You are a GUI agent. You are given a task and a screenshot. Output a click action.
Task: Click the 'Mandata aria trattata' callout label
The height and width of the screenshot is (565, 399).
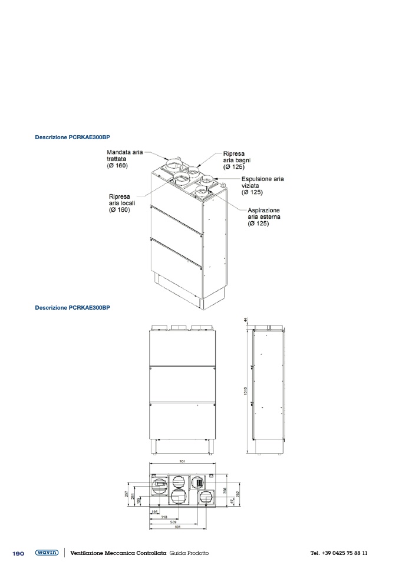pyautogui.click(x=124, y=159)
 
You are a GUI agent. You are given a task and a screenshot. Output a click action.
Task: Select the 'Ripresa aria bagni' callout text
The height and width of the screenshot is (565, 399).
pyautogui.click(x=233, y=160)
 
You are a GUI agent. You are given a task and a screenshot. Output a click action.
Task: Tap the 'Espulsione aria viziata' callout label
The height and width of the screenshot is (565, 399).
pyautogui.click(x=262, y=185)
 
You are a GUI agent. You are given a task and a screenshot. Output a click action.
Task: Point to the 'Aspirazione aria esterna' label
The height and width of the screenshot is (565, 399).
pyautogui.click(x=263, y=217)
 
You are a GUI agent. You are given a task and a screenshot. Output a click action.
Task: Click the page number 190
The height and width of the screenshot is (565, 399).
pyautogui.click(x=18, y=553)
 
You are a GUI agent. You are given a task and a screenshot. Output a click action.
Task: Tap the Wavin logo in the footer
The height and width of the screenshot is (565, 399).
pyautogui.click(x=47, y=553)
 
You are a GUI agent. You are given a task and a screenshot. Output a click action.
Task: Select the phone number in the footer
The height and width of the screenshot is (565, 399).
pyautogui.click(x=339, y=553)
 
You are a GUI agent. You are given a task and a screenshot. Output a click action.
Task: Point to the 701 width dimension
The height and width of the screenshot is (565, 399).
pyautogui.click(x=183, y=462)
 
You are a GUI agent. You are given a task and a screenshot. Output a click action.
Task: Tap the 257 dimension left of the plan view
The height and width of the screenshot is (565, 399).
pyautogui.click(x=126, y=494)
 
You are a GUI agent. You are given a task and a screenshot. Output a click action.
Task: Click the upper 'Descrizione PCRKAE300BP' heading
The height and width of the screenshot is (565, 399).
pyautogui.click(x=72, y=137)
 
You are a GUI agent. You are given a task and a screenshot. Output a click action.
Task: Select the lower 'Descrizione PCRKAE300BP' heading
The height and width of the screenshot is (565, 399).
pyautogui.click(x=72, y=307)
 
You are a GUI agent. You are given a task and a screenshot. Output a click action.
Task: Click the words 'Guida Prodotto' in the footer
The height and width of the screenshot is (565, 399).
pyautogui.click(x=189, y=553)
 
